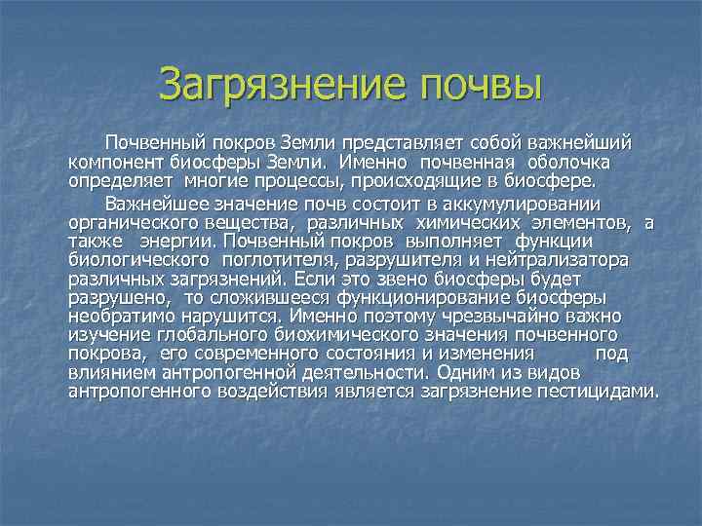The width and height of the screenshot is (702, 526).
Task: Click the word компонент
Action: [x=112, y=163]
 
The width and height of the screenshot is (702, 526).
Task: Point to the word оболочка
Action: [x=583, y=163]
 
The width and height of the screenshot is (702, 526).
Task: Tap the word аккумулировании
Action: [x=517, y=205]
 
